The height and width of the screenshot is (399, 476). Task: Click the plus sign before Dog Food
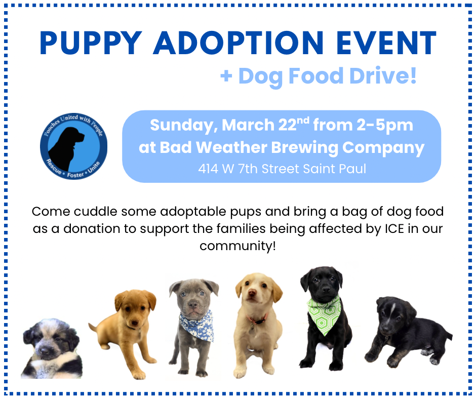pyautogui.click(x=226, y=76)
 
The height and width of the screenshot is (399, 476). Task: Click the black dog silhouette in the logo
pyautogui.click(x=67, y=143)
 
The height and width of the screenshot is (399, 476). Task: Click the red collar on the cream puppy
pyautogui.click(x=258, y=320)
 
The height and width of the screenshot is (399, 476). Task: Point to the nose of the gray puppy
pyautogui.click(x=192, y=306)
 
